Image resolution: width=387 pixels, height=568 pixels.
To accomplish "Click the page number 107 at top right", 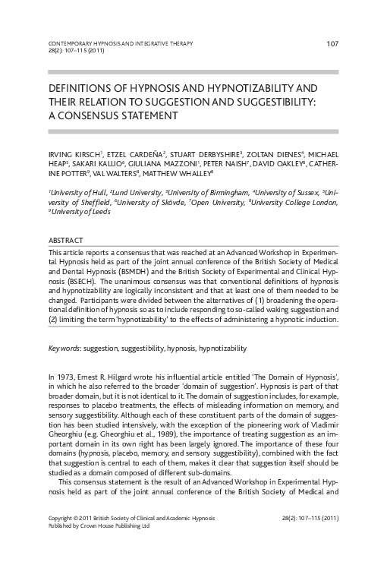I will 332,43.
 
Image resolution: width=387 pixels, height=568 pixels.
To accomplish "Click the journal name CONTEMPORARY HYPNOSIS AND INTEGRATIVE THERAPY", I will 121,43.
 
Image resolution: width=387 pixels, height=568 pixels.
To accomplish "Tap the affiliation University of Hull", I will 77,193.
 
